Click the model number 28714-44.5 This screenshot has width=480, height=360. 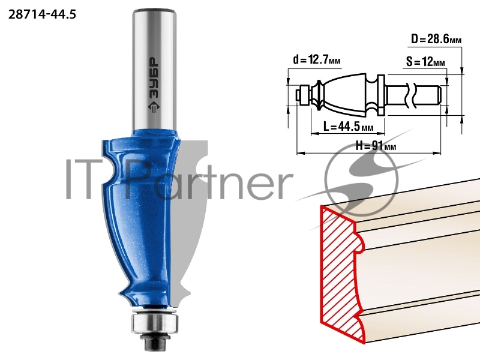point(42,14)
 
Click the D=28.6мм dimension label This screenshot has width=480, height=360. point(436,39)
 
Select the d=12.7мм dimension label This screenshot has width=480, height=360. point(317,59)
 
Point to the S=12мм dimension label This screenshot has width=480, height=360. point(425,62)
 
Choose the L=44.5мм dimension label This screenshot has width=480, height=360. point(349,126)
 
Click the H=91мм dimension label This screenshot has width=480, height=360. point(376,146)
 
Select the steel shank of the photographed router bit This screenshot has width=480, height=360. point(154,70)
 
